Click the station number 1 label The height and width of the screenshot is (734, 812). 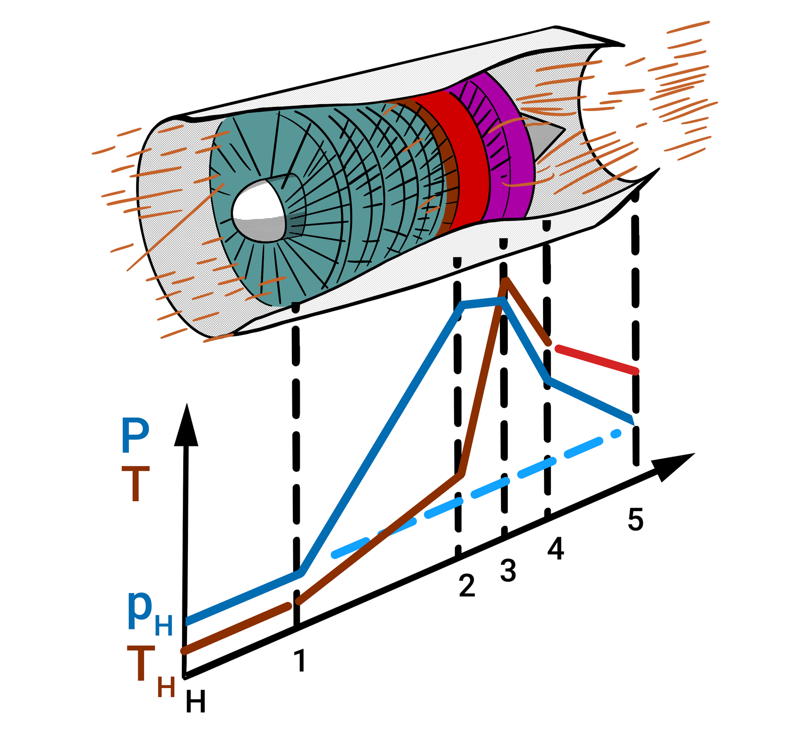pyautogui.click(x=300, y=661)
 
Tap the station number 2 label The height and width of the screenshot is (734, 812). pyautogui.click(x=466, y=586)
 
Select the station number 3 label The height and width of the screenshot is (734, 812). pyautogui.click(x=508, y=571)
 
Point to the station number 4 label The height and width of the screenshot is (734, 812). pyautogui.click(x=555, y=549)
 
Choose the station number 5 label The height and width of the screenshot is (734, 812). pyautogui.click(x=636, y=519)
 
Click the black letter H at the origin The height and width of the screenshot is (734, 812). pyautogui.click(x=196, y=702)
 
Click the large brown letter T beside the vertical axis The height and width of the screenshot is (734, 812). pyautogui.click(x=135, y=484)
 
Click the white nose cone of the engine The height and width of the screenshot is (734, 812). pyautogui.click(x=259, y=211)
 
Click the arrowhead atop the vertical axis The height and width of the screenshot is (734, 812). pyautogui.click(x=186, y=427)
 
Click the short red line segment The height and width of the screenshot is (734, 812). pyautogui.click(x=596, y=360)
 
